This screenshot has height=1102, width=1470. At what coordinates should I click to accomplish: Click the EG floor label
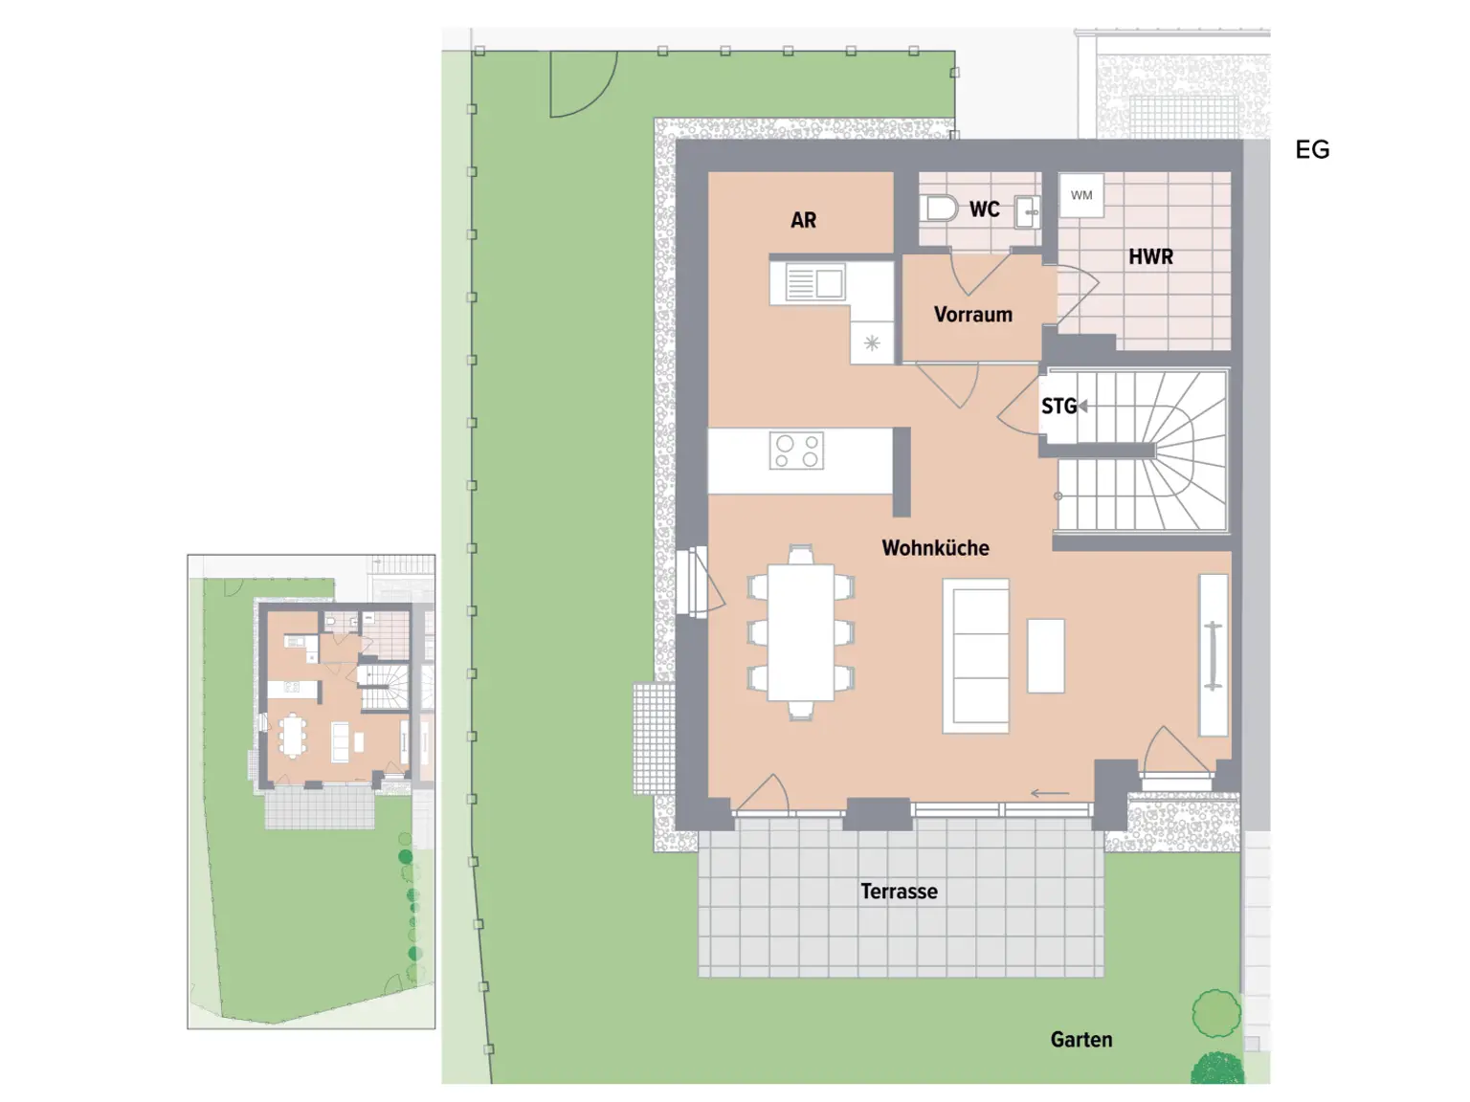click(x=1311, y=149)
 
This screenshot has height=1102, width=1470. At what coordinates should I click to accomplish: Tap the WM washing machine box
click(x=1081, y=195)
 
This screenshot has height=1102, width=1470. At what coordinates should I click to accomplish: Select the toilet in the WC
click(x=941, y=208)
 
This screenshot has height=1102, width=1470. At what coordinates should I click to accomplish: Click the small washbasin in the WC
click(x=1027, y=211)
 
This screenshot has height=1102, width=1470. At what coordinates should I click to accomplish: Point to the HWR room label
click(x=1150, y=256)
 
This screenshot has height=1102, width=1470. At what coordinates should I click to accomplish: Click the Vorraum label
click(x=972, y=315)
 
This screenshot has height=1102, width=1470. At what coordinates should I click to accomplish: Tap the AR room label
click(x=803, y=220)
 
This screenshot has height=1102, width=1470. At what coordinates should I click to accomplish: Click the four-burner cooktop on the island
click(x=796, y=451)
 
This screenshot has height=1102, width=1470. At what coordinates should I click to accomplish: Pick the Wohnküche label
click(x=935, y=548)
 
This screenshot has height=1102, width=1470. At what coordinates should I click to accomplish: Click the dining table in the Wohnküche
click(x=801, y=632)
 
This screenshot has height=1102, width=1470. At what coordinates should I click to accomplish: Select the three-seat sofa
click(x=975, y=656)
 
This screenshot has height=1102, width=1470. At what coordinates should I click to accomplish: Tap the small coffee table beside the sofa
click(x=1045, y=656)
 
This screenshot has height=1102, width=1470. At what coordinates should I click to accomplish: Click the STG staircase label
click(x=1058, y=407)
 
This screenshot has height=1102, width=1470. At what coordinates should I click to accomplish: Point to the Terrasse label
click(x=899, y=892)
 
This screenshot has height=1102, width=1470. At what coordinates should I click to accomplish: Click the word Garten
click(x=1080, y=1040)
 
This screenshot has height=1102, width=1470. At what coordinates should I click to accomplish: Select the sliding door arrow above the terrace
click(x=1049, y=793)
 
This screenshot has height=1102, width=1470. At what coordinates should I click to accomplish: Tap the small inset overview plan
click(x=311, y=791)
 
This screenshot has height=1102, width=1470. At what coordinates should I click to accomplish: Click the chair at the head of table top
click(x=801, y=554)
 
